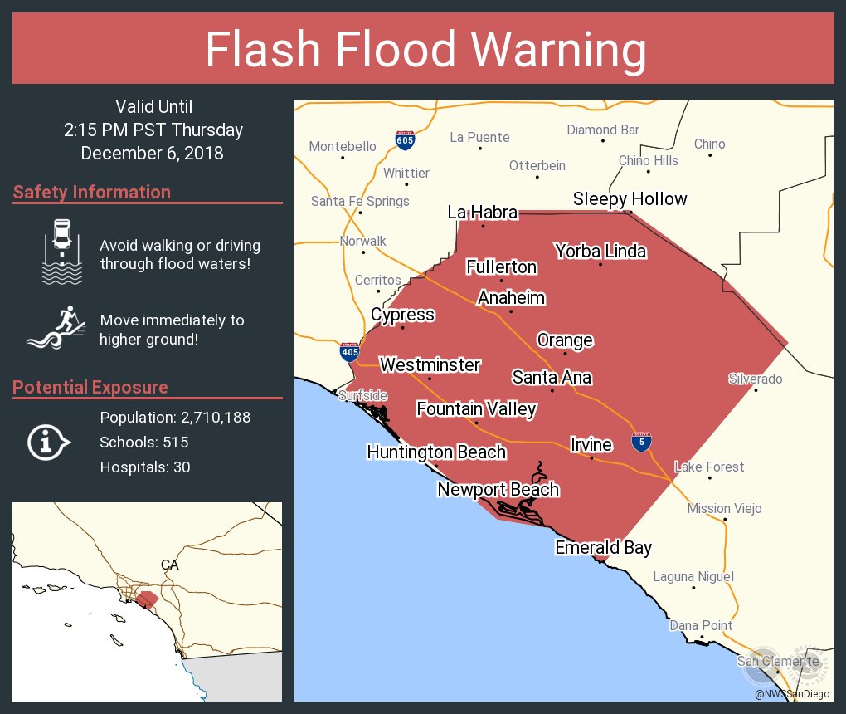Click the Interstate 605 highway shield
point(405,139)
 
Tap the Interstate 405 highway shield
point(349,351)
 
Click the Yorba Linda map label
point(600,251)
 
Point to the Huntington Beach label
point(436,452)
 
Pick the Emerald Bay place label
point(603,547)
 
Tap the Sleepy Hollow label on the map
point(630,199)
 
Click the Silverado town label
point(755,379)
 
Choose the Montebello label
point(342,146)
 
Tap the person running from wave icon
point(56,329)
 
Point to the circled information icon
point(48,442)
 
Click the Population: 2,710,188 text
point(175,417)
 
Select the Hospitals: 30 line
point(145,467)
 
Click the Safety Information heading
point(92,193)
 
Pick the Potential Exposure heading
point(90,388)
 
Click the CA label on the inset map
point(169,565)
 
